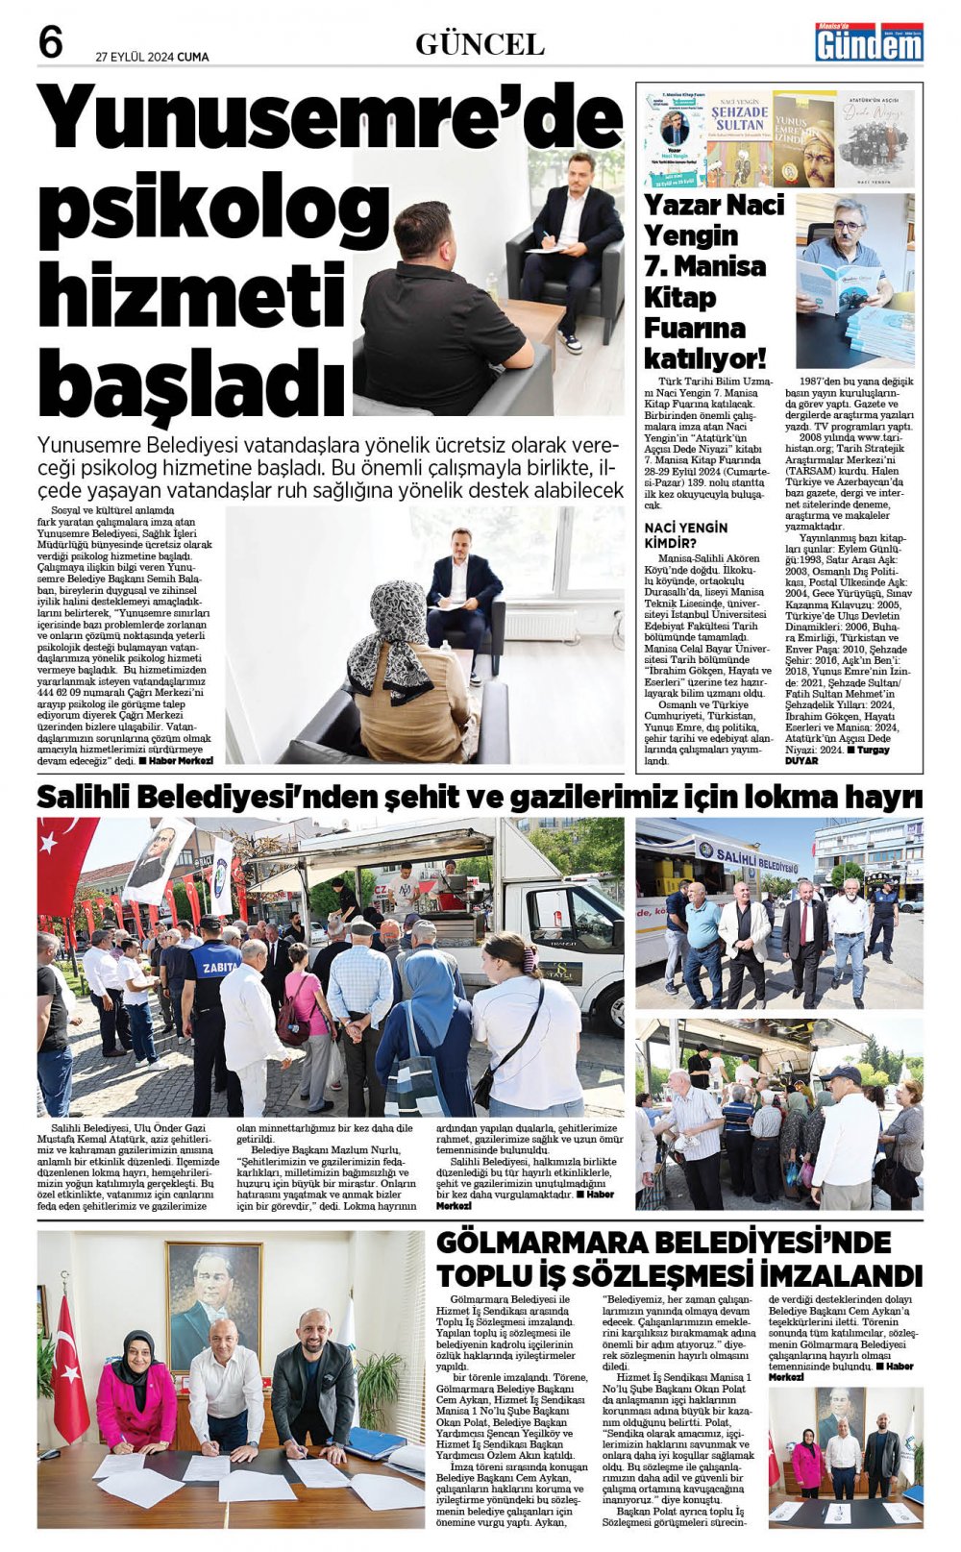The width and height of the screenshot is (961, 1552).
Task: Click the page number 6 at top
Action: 51,42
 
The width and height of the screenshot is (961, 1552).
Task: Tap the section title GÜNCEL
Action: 480,44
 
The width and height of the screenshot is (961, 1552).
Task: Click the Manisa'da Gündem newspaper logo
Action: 869,42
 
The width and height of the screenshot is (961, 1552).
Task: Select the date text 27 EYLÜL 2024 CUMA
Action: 152,57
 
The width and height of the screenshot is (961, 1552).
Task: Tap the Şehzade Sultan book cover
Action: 739,138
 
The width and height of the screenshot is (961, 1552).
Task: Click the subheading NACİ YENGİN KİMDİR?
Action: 686,534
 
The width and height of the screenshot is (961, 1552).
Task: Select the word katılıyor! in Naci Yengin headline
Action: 704,359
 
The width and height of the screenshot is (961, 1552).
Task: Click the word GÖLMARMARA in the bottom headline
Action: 556,1242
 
